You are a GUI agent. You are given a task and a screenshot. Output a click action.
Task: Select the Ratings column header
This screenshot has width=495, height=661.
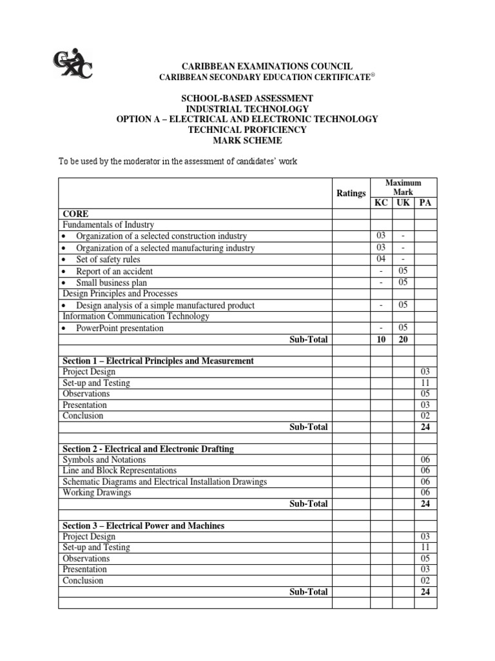[x=351, y=194]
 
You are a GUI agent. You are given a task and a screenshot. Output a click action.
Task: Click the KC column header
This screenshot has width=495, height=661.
[x=380, y=203]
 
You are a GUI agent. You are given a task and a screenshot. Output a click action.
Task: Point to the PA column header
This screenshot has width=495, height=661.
[x=425, y=203]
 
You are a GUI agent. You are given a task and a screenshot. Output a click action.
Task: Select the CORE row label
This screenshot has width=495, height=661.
[x=75, y=214]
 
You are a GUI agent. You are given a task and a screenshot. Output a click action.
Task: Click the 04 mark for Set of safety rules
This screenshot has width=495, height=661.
[x=380, y=259]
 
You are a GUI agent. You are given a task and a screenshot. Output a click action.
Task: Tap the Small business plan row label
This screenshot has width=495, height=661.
[x=120, y=283]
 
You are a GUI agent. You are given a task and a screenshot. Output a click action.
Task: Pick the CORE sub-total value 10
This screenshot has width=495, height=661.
[x=380, y=340]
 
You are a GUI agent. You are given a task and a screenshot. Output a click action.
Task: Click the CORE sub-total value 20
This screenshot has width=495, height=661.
[x=403, y=340]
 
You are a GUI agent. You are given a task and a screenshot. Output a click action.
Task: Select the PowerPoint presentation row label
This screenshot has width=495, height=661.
[x=119, y=328]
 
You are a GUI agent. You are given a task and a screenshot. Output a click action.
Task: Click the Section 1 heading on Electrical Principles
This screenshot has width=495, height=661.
[x=158, y=361]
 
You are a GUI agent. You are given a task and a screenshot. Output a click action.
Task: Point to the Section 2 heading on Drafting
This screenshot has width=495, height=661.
[x=148, y=449]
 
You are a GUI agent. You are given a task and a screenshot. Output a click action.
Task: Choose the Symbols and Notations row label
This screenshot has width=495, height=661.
[x=104, y=460]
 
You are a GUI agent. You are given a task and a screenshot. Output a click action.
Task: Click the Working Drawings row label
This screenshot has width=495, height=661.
[x=97, y=493]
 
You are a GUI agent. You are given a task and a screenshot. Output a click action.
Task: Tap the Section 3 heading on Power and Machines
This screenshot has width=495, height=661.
[x=143, y=525]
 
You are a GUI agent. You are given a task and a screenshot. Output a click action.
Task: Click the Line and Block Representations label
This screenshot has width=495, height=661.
[x=119, y=471]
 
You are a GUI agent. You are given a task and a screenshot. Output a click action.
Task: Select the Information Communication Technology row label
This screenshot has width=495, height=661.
[x=135, y=316]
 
